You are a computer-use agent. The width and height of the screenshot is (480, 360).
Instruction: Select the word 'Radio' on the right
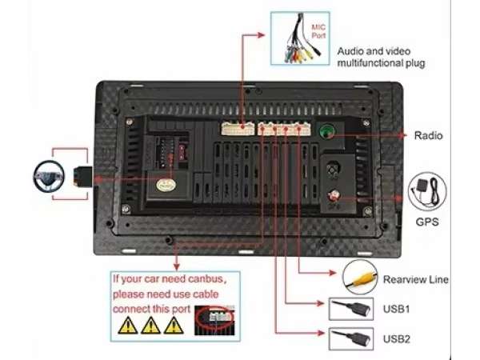[x=428, y=136]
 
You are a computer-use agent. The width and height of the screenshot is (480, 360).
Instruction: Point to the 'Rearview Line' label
[x=415, y=280]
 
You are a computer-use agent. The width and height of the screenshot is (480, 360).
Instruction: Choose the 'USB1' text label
[x=397, y=308]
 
